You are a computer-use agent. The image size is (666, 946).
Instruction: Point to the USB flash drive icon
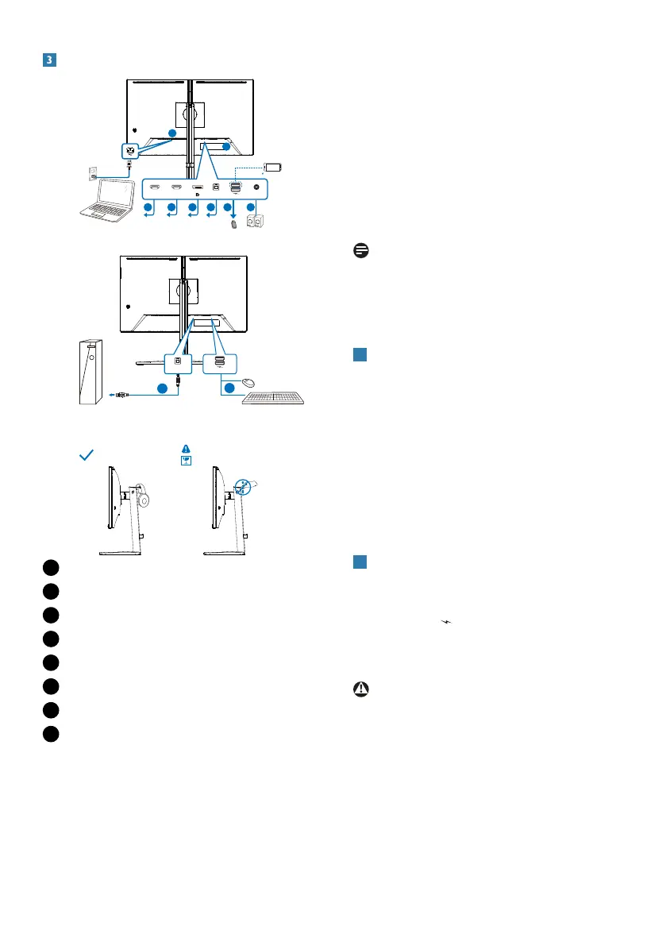click(234, 225)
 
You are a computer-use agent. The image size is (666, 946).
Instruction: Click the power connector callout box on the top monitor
click(129, 149)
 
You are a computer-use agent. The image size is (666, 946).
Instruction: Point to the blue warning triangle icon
click(186, 448)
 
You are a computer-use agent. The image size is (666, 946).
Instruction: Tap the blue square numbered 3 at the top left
click(48, 60)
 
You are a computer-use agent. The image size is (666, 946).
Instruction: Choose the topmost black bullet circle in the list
click(51, 566)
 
